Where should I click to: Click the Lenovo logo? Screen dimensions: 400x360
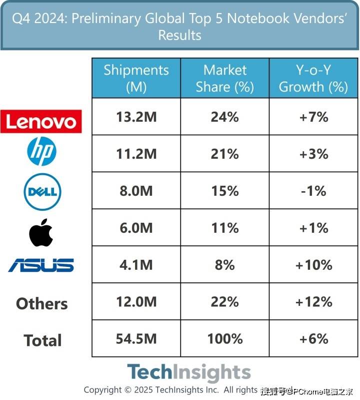click(x=41, y=121)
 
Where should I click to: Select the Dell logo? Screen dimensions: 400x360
click(x=42, y=191)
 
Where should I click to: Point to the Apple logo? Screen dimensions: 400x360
click(x=41, y=232)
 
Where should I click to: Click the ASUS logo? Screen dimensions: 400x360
click(x=41, y=265)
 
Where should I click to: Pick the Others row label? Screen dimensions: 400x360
click(x=41, y=303)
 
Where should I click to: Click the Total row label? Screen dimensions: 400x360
click(x=42, y=340)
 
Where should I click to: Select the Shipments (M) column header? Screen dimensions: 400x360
click(x=136, y=78)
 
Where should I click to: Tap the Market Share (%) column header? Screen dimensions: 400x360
click(x=225, y=78)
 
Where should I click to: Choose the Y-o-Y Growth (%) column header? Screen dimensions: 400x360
click(x=313, y=78)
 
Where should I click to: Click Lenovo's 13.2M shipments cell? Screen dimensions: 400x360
click(x=136, y=117)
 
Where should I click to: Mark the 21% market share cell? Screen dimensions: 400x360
click(x=225, y=154)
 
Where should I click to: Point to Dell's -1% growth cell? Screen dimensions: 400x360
click(x=313, y=191)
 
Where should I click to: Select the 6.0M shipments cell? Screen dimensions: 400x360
click(x=136, y=228)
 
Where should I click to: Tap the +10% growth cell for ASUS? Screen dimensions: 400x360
click(x=313, y=265)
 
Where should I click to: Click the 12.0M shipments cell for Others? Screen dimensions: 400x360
click(x=136, y=302)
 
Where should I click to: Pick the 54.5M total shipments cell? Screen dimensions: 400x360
click(x=136, y=339)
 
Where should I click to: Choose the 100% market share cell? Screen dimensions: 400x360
click(x=225, y=339)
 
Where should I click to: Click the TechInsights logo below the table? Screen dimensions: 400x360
click(x=188, y=373)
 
